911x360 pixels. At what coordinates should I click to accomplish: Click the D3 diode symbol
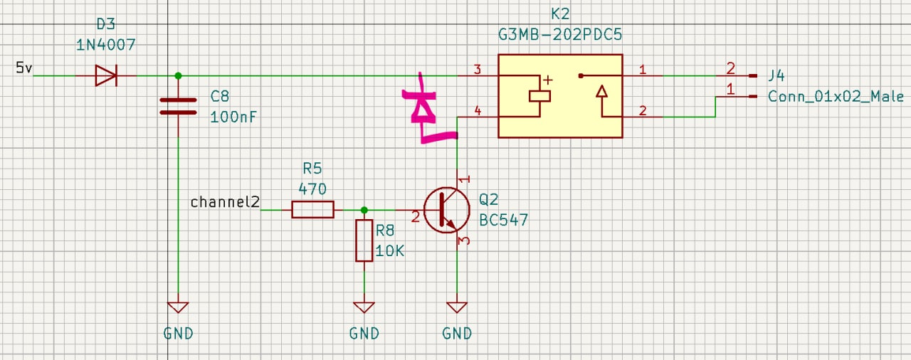(105, 75)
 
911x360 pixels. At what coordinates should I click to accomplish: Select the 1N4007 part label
(105, 44)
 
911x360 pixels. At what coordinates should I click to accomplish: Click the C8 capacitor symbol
(178, 106)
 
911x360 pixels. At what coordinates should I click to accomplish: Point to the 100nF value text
(230, 117)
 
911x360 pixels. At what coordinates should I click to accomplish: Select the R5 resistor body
(312, 209)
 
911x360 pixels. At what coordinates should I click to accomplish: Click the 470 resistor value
(312, 189)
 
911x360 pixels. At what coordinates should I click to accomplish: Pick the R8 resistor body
(364, 240)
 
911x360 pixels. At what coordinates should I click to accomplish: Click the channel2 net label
(225, 202)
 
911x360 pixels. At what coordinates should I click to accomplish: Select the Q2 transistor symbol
(446, 210)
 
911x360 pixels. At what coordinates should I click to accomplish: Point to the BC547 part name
(504, 220)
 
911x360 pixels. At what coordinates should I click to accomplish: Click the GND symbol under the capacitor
(178, 308)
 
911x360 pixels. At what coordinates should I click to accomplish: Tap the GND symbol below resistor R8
(364, 308)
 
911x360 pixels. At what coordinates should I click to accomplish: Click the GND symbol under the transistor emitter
(456, 308)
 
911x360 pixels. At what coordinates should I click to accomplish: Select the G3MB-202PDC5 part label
(560, 33)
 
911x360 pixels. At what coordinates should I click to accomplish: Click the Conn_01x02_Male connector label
(836, 97)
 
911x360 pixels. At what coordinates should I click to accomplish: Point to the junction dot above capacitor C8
(178, 75)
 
